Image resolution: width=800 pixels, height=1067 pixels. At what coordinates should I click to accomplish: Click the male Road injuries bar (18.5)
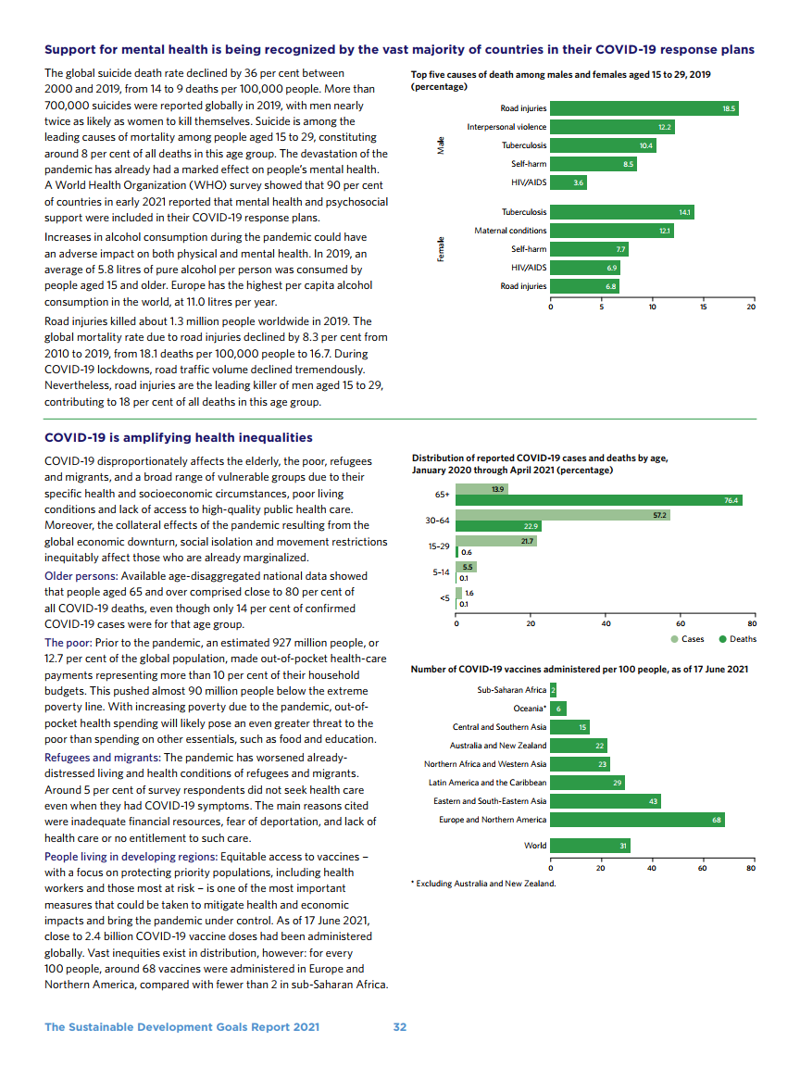(644, 108)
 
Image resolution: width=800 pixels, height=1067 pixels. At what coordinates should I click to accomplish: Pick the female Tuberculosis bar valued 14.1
(622, 212)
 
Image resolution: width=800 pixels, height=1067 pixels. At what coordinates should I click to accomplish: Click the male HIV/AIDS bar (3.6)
(569, 182)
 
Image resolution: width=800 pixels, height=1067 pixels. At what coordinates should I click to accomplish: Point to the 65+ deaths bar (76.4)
(599, 500)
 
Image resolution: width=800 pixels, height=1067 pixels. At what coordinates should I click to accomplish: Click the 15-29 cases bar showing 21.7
(496, 541)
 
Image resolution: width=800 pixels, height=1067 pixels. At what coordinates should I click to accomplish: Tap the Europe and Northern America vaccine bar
(637, 820)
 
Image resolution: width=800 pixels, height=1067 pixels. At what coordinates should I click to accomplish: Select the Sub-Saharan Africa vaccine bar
(553, 690)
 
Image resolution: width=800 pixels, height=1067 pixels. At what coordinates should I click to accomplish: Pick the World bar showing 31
(590, 846)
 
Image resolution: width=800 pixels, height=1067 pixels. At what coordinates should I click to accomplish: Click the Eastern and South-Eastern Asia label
(490, 801)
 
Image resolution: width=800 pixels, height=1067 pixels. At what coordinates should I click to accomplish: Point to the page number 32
(399, 1027)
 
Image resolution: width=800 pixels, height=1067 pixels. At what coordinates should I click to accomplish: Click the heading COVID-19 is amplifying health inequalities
(179, 438)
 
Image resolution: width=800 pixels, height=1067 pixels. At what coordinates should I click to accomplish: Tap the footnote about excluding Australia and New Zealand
(482, 884)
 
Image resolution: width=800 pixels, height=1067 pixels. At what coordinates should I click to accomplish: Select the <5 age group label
(444, 598)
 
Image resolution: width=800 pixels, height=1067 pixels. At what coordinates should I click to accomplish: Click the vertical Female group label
(440, 249)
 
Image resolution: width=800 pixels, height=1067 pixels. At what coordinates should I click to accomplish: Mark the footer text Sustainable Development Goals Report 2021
(181, 1027)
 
